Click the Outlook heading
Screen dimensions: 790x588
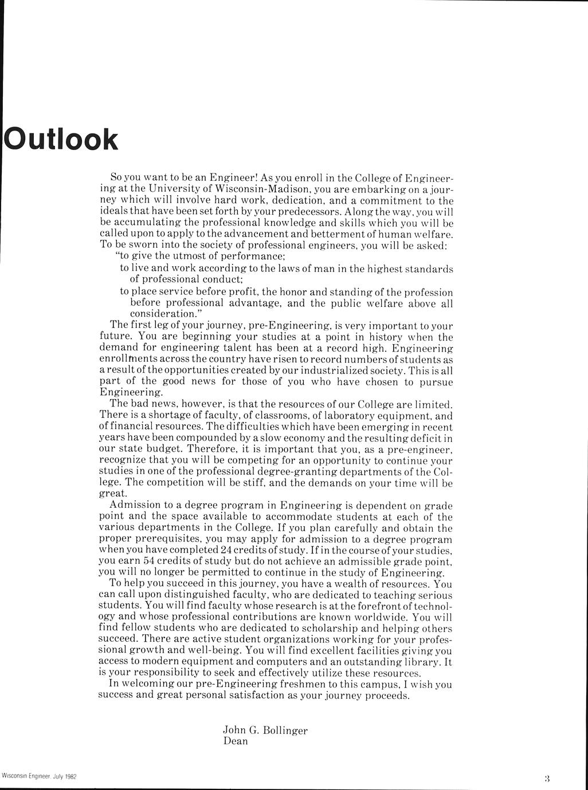point(61,140)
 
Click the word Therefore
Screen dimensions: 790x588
point(211,449)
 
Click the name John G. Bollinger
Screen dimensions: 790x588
point(265,730)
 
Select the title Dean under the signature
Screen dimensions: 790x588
point(236,741)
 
